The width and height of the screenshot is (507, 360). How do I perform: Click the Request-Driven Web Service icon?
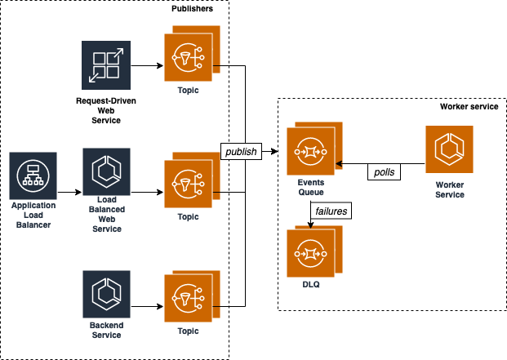(106, 65)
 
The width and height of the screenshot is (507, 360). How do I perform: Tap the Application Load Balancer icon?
(33, 176)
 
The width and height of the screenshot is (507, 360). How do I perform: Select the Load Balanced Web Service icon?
(106, 172)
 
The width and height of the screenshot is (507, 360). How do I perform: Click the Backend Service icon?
(106, 295)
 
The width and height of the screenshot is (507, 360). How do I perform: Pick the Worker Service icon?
(449, 149)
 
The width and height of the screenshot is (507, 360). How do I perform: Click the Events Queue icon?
(314, 149)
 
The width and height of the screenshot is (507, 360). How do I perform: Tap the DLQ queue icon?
(314, 251)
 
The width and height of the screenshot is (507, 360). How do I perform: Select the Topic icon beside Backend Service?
(192, 296)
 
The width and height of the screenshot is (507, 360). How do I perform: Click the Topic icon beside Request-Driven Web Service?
(192, 54)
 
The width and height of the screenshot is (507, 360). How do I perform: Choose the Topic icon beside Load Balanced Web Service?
(192, 180)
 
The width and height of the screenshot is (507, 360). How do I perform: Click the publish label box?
(241, 151)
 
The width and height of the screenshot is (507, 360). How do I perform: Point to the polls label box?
(385, 172)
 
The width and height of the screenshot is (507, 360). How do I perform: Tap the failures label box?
(331, 211)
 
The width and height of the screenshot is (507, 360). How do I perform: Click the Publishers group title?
(192, 9)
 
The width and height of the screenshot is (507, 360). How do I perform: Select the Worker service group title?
(469, 107)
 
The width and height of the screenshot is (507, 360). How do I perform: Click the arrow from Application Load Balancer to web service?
(69, 193)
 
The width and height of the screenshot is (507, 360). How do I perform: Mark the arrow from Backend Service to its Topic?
(147, 306)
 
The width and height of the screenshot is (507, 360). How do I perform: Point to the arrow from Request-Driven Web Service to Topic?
(147, 65)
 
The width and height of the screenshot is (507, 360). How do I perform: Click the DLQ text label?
(311, 284)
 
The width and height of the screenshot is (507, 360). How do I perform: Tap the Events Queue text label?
(311, 188)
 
